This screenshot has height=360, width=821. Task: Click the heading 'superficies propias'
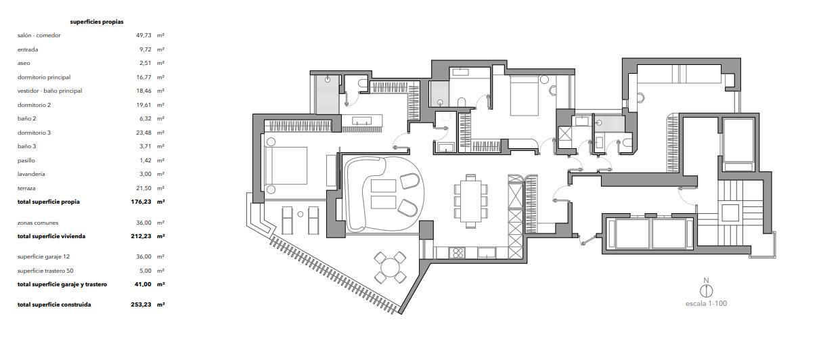click(97, 22)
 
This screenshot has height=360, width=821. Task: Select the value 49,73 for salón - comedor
click(143, 36)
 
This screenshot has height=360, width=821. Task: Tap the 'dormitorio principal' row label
click(44, 77)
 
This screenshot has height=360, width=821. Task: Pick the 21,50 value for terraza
click(143, 188)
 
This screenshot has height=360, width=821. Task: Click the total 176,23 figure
click(141, 202)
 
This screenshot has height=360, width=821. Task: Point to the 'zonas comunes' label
click(38, 223)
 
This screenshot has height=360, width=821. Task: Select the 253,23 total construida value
click(141, 305)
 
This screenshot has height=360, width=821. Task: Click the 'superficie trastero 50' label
click(45, 271)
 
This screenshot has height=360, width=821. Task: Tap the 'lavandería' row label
click(31, 174)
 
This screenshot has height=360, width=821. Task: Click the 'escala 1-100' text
click(707, 304)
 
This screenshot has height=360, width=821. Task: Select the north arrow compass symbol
click(707, 291)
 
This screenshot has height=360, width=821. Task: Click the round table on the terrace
click(390, 267)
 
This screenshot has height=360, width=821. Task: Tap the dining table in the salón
click(471, 201)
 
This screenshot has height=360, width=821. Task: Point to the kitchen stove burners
click(457, 252)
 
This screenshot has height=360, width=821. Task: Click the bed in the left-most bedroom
click(286, 166)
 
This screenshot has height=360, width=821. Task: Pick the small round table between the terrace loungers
click(301, 214)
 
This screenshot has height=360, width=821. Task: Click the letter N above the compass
click(707, 281)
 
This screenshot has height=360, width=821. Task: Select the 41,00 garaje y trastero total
click(143, 284)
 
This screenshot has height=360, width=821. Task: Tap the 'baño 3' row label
click(27, 146)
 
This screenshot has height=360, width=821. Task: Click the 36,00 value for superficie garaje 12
click(143, 256)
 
